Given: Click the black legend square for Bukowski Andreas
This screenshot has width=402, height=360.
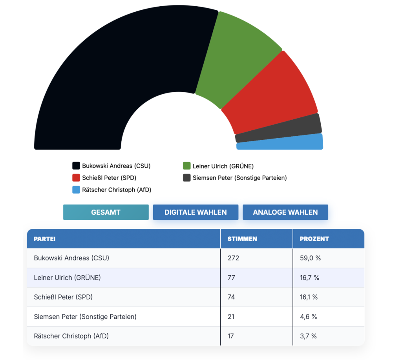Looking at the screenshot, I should (x=76, y=166).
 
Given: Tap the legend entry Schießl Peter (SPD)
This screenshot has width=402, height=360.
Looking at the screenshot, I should (x=109, y=178).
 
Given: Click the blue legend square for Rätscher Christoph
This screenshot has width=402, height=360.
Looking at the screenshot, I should (x=76, y=190).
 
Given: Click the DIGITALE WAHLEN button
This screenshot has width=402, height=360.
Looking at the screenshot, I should (x=196, y=212).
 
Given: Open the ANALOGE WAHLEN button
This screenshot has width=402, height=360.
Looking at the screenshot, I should (x=285, y=212).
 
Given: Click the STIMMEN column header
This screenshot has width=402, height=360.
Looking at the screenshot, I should (x=242, y=239).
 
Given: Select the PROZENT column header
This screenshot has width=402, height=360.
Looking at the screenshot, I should (x=314, y=239).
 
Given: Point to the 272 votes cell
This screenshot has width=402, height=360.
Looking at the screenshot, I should (x=233, y=258).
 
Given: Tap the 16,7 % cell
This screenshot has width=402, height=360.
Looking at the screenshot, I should (x=309, y=278).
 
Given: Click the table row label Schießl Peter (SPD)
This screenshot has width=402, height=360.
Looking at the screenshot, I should (x=63, y=297).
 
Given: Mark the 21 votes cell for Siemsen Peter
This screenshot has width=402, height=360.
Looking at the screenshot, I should (x=231, y=316).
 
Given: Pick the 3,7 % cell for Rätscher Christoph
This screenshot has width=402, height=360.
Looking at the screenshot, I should (x=308, y=336).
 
